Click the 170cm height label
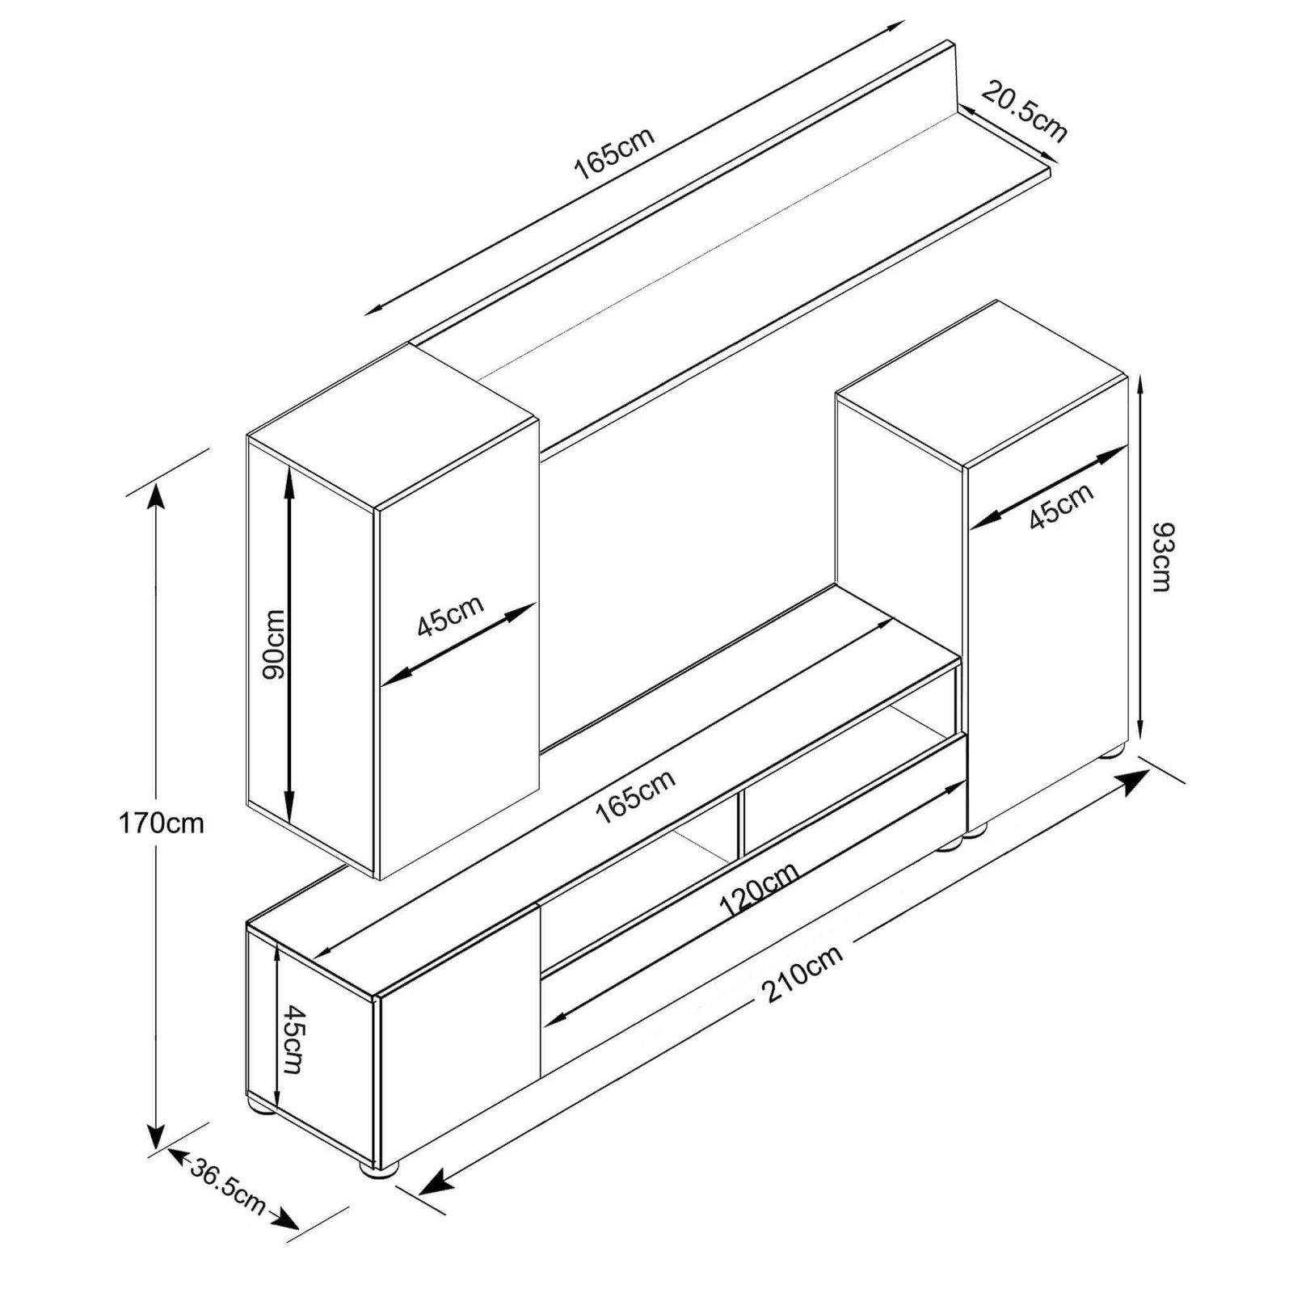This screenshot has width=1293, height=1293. [x=161, y=823]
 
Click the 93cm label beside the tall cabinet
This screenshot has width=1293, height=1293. [x=1161, y=557]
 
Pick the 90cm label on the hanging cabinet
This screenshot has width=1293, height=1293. [x=272, y=645]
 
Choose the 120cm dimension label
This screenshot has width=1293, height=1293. [x=759, y=890]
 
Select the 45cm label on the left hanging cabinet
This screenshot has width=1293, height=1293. [x=450, y=616]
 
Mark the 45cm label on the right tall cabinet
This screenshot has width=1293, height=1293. [x=1061, y=506]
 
